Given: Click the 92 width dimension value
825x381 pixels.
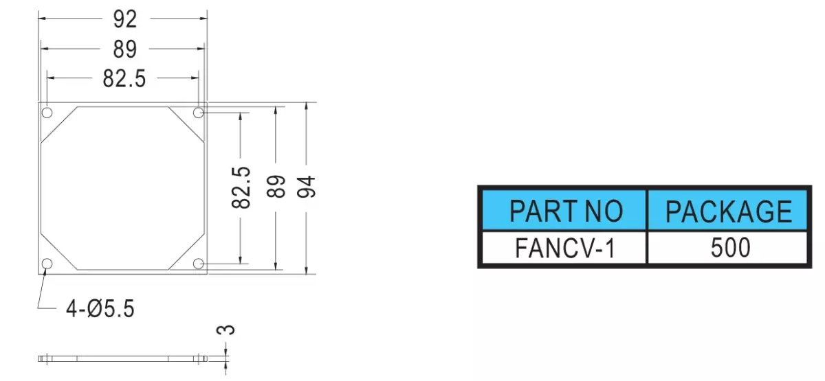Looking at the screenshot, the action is tap(125, 19).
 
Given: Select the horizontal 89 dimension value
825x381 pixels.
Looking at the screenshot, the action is tap(125, 49).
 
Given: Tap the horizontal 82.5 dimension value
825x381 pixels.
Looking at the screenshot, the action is tap(124, 79).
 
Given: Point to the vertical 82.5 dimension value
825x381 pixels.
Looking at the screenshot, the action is tap(241, 187).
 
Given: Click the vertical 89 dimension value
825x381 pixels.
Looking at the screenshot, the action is tap(276, 187).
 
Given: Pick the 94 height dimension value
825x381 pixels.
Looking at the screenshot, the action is tap(306, 187).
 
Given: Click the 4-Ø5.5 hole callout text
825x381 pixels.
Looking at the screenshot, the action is tap(100, 308).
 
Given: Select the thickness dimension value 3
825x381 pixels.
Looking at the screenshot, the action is tap(225, 330).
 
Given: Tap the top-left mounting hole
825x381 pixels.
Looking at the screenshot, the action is tap(47, 112).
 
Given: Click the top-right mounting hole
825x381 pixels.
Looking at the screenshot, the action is tap(199, 112).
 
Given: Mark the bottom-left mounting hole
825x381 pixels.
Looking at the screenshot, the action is tap(47, 264).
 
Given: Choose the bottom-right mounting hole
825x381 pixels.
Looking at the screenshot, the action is tap(199, 264).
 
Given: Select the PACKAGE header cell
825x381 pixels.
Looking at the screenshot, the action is tap(727, 210).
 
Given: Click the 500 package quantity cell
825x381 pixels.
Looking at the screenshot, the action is tap(727, 248).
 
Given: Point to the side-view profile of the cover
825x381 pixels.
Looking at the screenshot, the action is tap(122, 358).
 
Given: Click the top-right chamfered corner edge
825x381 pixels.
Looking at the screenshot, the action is tap(186, 124).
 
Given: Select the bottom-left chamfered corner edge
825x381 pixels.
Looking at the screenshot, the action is tap(59, 251).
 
